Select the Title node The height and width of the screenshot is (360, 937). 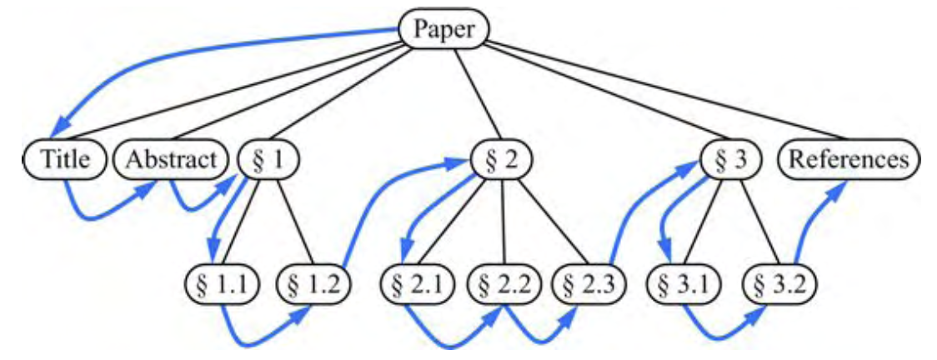coord(65,159)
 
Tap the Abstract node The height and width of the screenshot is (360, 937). coord(170,159)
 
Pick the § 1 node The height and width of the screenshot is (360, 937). coord(268,159)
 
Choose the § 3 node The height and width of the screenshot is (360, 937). coord(727,159)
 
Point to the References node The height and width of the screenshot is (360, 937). coord(849,159)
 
